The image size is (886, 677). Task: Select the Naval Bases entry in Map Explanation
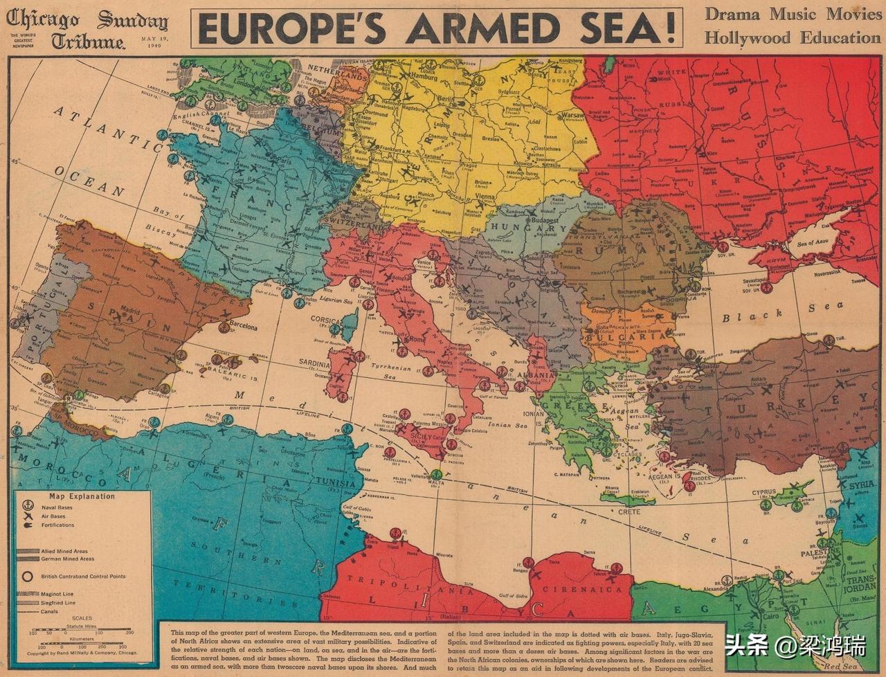pyautogui.click(x=58, y=507)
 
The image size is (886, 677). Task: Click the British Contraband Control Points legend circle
pyautogui.click(x=28, y=576)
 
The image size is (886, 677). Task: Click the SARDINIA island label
pyautogui.click(x=314, y=363)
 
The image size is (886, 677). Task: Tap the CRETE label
pyautogui.click(x=629, y=512)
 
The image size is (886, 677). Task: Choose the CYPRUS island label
pyautogui.click(x=764, y=493)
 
